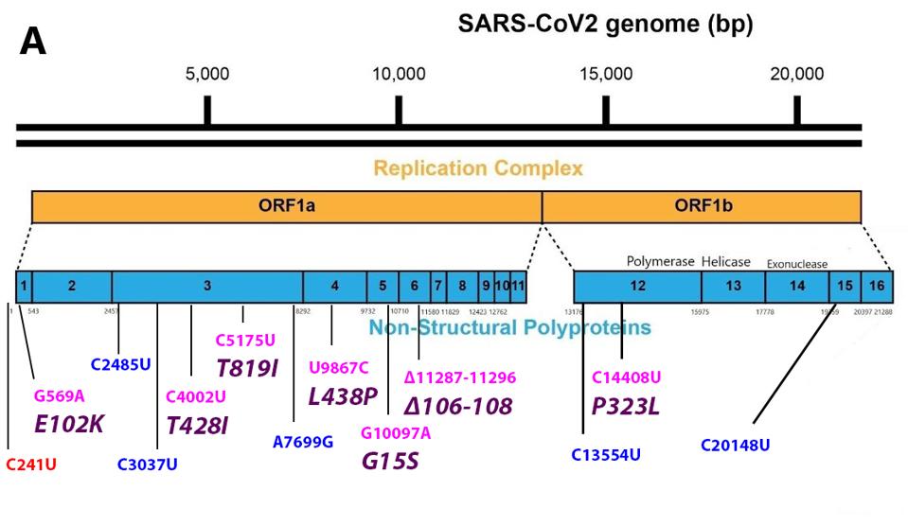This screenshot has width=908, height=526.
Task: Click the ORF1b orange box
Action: (x=701, y=207)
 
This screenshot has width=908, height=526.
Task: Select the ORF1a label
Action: (x=287, y=207)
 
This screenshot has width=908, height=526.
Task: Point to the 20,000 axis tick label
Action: (x=795, y=75)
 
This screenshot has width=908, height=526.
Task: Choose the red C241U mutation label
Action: (x=31, y=464)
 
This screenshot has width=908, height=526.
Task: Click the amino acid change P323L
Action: (x=626, y=406)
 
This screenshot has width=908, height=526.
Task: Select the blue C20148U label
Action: (x=735, y=445)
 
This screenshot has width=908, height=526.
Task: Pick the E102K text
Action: (x=69, y=424)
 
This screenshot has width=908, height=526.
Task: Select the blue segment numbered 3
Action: (x=206, y=286)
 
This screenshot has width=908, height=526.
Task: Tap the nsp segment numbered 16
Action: (x=878, y=286)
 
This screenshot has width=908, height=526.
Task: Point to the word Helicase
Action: (x=725, y=261)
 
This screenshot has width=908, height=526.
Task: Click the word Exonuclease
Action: (x=796, y=264)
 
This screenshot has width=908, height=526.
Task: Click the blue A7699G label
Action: (x=303, y=442)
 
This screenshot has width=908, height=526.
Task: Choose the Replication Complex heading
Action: (x=478, y=169)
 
